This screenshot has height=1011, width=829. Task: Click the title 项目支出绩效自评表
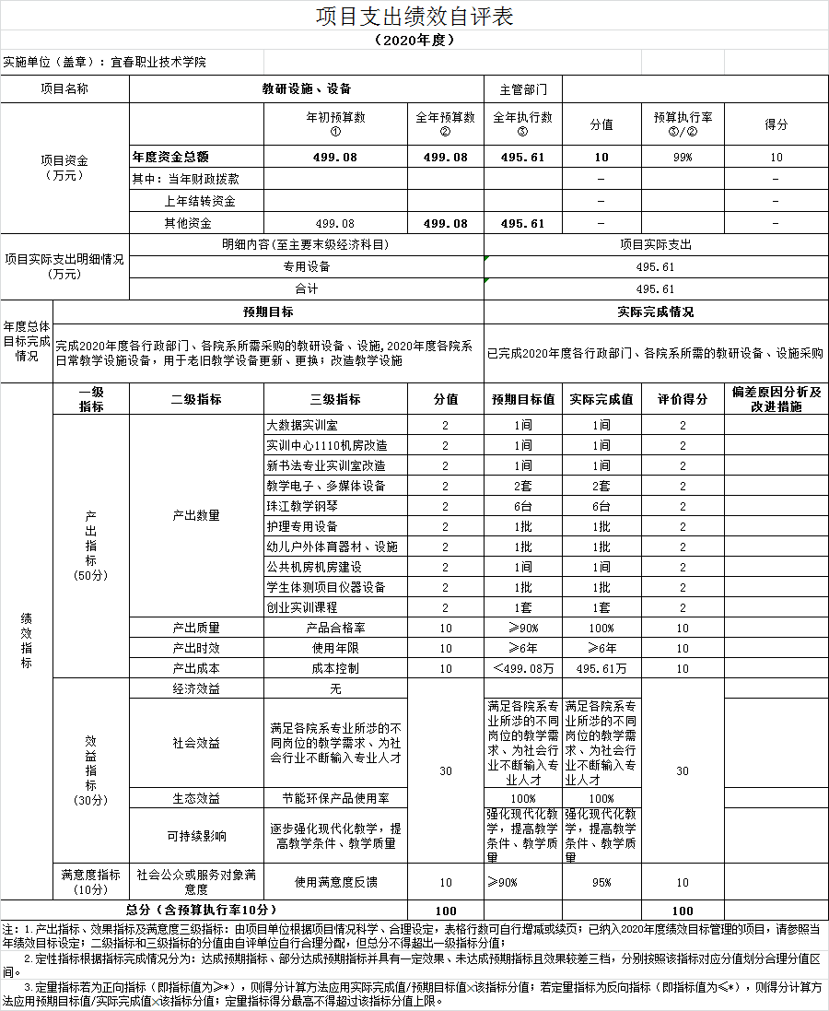(414, 17)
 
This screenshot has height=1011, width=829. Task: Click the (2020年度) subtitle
(414, 41)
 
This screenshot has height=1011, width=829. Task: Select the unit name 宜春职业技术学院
(158, 63)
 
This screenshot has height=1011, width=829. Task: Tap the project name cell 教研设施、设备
(307, 89)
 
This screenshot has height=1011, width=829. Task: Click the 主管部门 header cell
(523, 89)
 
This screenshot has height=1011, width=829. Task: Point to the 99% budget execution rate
(683, 158)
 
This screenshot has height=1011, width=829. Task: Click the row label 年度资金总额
(171, 158)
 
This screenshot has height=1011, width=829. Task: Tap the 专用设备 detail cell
(307, 267)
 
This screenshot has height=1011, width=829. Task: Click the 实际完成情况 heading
(655, 312)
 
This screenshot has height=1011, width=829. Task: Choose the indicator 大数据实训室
(302, 426)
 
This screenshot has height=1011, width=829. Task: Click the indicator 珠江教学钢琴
(302, 507)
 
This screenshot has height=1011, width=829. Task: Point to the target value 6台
(523, 507)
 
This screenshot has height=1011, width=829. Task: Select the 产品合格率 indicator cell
(335, 629)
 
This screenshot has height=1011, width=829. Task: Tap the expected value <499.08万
(523, 669)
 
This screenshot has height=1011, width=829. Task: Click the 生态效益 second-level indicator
(196, 798)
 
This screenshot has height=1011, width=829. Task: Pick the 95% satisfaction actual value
(601, 883)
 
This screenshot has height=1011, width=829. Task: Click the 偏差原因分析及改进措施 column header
(776, 399)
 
